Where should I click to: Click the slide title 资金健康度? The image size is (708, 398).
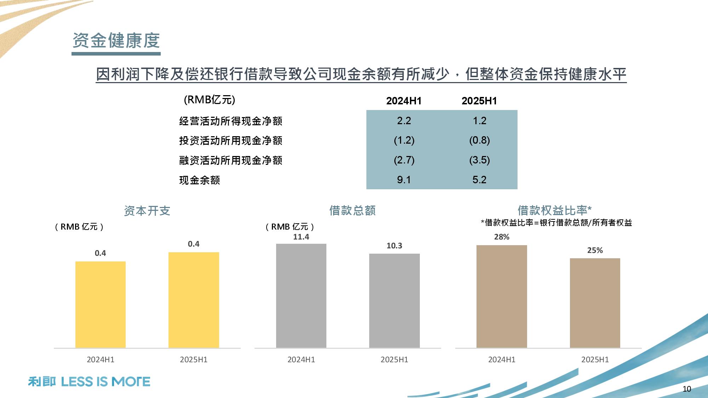116,40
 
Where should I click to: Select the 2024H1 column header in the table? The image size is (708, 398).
404,101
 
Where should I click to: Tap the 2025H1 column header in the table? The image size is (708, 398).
479,101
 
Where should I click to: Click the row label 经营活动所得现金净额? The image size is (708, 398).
230,121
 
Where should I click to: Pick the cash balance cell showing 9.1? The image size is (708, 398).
404,180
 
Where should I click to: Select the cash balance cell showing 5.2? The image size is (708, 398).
479,180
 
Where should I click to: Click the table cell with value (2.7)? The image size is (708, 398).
404,160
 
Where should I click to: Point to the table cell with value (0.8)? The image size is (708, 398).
479,140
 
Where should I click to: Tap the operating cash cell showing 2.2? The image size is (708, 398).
404,121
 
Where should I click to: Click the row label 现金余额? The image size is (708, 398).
199,180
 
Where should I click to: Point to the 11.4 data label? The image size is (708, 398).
301,237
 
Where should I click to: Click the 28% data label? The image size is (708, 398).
502,237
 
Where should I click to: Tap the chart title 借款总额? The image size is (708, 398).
352,210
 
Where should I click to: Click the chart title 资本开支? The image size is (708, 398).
147,211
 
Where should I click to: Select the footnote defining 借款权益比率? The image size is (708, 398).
556,223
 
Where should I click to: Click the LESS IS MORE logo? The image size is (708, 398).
89,382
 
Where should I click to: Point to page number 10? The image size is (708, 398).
686,389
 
